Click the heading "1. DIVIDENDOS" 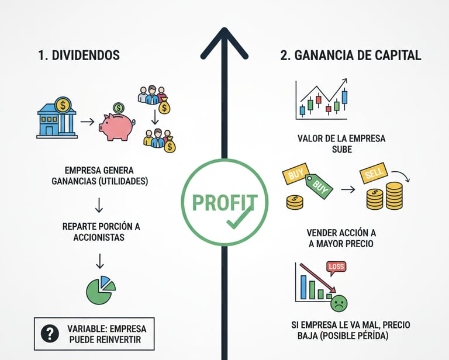coord(78,56)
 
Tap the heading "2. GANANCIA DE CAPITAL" coord(350,56)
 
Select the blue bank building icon coord(56,120)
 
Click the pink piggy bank coord(116,125)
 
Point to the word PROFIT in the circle coord(224,202)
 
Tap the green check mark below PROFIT coord(239,219)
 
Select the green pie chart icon coord(101,290)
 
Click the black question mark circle coord(50,333)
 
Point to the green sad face coord(339,303)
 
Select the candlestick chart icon coord(322,100)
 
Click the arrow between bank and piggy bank coord(87,122)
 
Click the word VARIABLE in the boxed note coord(87,328)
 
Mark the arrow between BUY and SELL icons coord(348,189)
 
